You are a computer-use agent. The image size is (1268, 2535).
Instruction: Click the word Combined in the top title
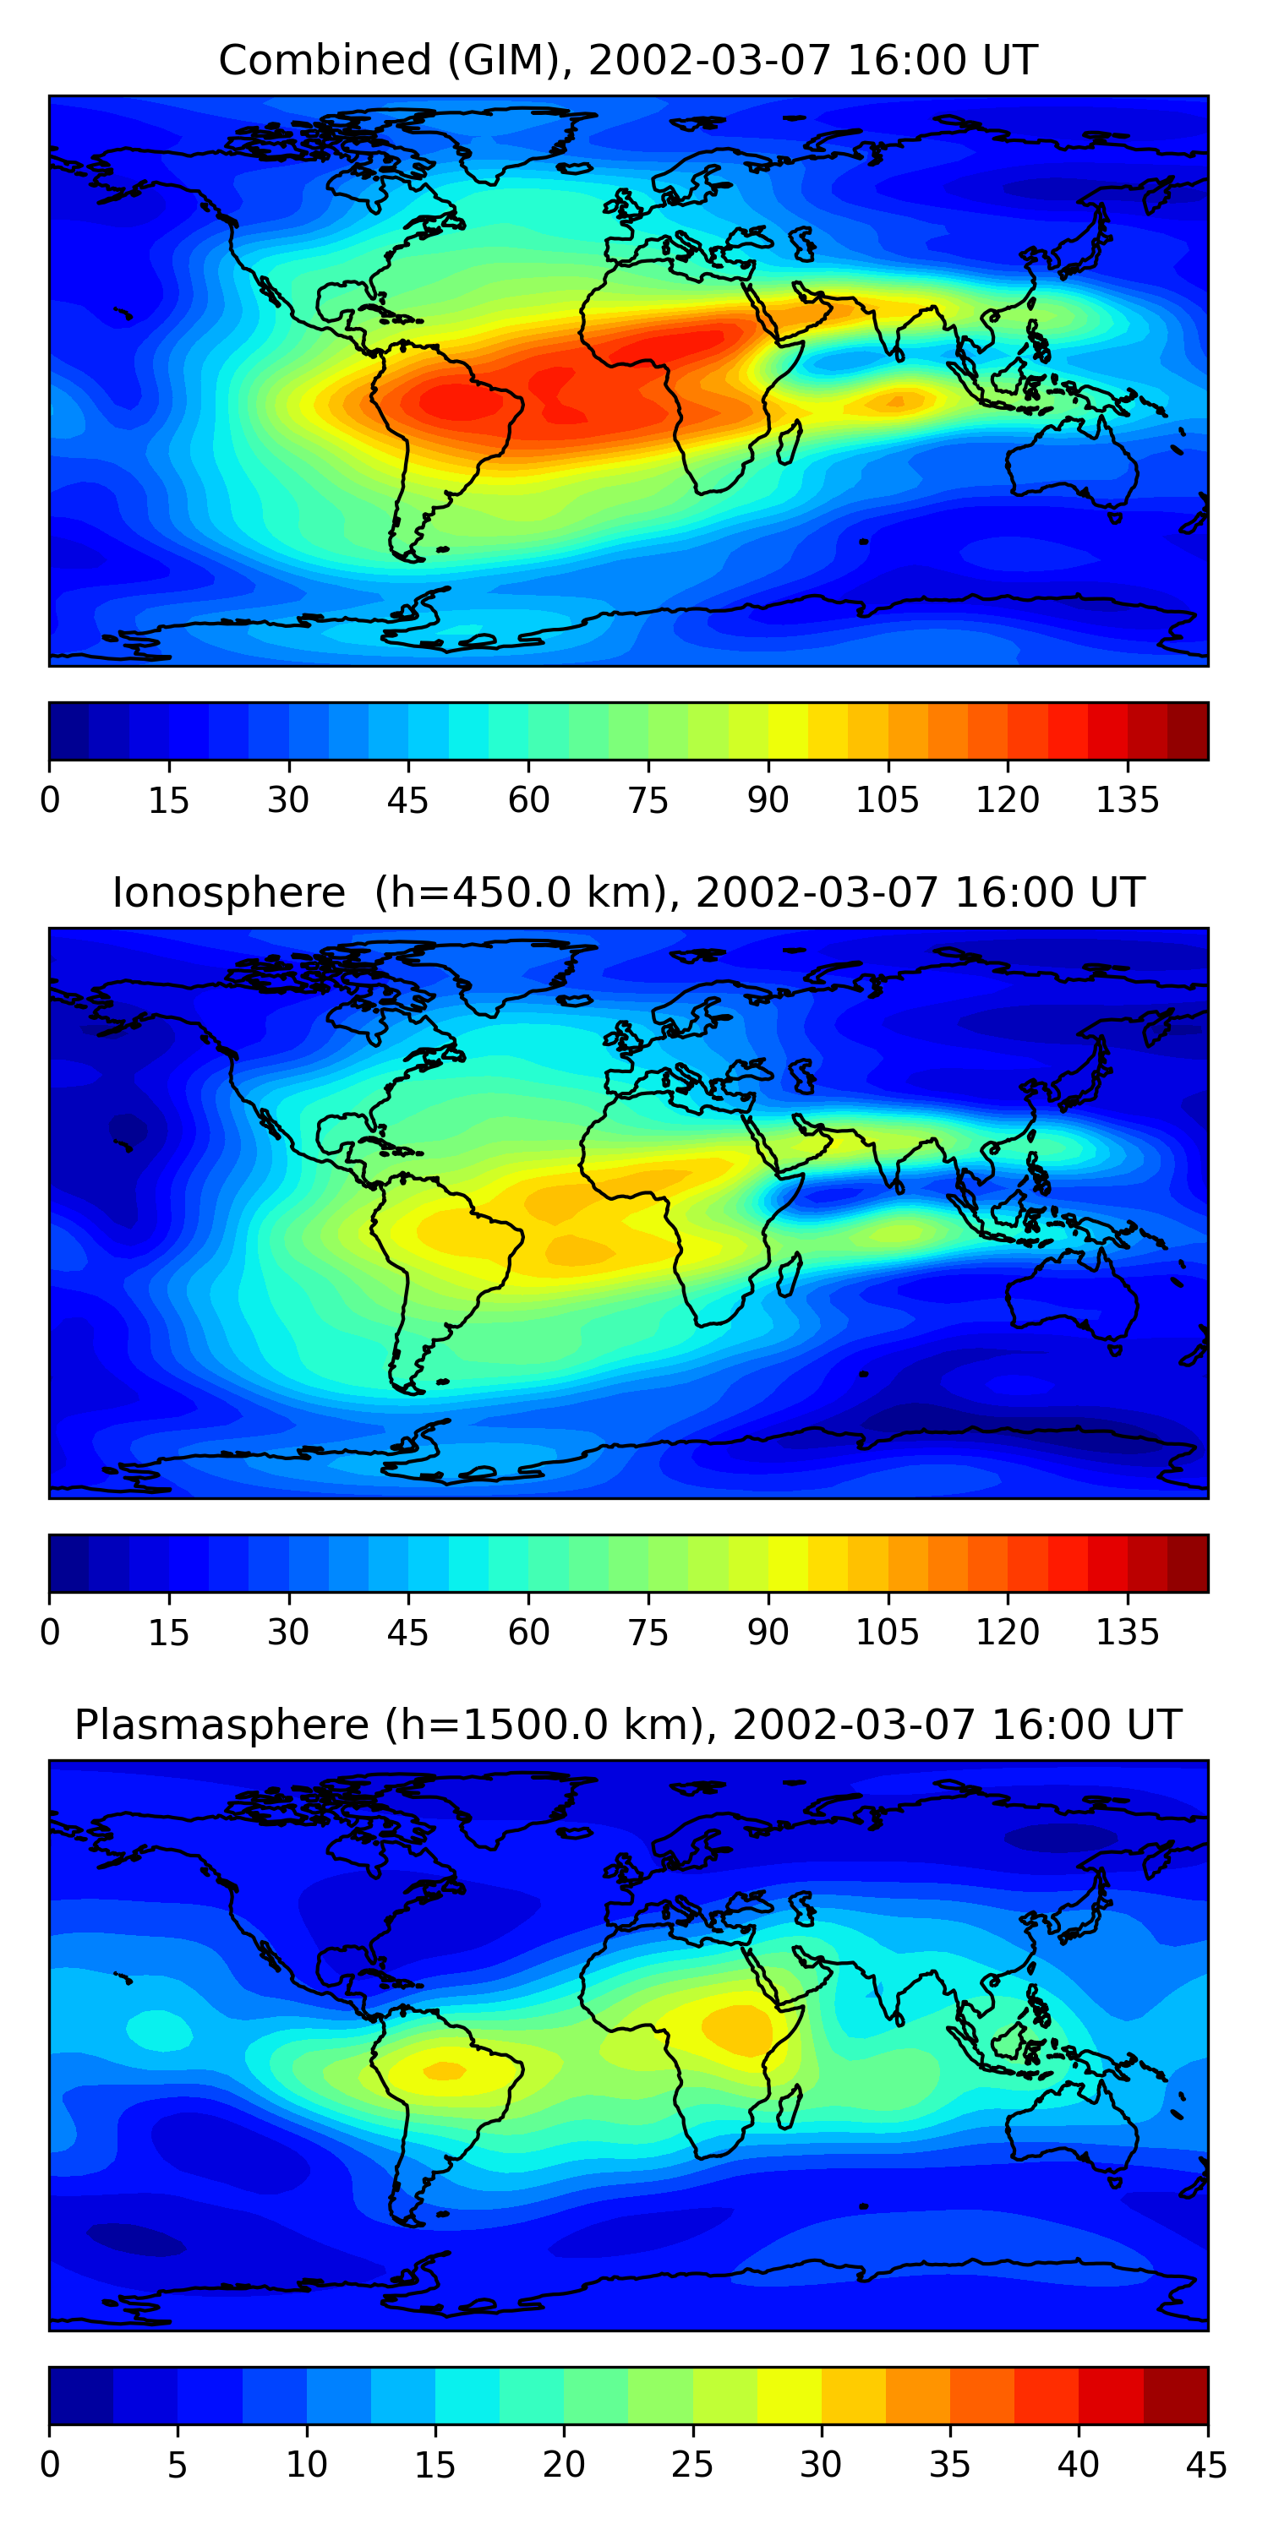click(324, 60)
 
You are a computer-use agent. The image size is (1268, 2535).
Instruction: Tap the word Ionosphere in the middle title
click(228, 892)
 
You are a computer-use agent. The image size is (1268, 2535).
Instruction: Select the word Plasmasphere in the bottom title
click(221, 1725)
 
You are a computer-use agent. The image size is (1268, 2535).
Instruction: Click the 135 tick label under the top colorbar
click(1127, 800)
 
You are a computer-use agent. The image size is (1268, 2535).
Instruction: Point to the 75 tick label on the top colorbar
click(648, 800)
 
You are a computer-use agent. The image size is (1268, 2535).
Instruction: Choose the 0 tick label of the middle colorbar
click(50, 1633)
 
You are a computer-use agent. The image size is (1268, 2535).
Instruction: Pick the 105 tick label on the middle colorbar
click(887, 1633)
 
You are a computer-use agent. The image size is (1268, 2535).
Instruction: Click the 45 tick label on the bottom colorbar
click(1206, 2465)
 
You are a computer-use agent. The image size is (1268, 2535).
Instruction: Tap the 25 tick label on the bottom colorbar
click(692, 2465)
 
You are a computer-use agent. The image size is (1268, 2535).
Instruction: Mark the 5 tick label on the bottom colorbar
click(178, 2465)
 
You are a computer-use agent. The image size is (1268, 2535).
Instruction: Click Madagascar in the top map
click(790, 443)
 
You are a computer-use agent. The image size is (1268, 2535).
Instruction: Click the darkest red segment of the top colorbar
click(1188, 731)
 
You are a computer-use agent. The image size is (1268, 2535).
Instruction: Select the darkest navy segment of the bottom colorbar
click(80, 2396)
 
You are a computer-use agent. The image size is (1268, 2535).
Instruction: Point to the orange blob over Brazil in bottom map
click(444, 2071)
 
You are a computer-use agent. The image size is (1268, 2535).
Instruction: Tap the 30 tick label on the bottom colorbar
click(820, 2465)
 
